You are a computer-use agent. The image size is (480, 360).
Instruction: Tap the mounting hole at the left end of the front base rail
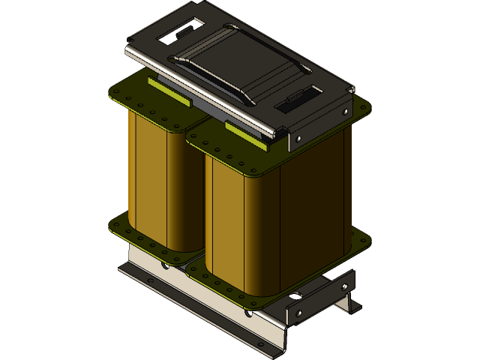[x=150, y=281]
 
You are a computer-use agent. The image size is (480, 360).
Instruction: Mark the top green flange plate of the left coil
[x=135, y=97]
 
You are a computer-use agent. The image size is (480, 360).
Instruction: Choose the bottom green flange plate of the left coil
[x=124, y=229]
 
